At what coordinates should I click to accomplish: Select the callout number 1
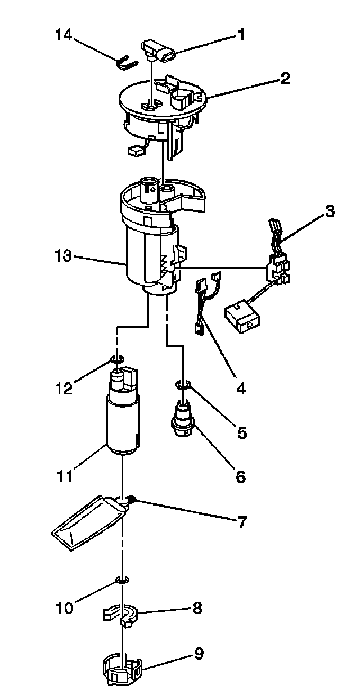(x=241, y=35)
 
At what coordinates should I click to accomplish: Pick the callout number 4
(x=240, y=387)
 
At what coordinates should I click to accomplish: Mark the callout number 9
(x=199, y=654)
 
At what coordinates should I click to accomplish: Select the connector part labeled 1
(x=161, y=52)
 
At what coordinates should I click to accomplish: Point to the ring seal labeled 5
(x=183, y=385)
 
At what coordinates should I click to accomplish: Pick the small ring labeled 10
(x=122, y=579)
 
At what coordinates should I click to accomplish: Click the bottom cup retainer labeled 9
(x=122, y=669)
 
